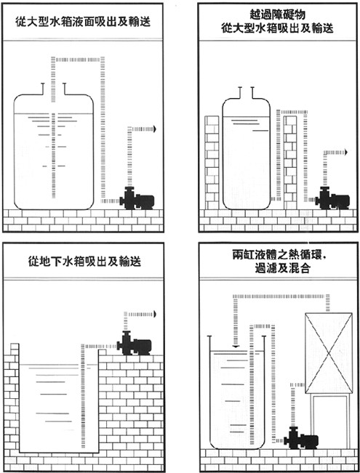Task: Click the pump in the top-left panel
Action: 137,198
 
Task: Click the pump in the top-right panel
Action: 332,198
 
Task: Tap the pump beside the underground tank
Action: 135,343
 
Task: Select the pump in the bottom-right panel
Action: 301,438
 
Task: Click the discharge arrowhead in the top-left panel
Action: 155,129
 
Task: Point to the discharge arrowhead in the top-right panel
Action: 346,153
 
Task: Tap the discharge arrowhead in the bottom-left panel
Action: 155,315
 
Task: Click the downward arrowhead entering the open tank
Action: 236,347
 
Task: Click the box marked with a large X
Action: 329,353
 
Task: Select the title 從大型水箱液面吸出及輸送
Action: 83,22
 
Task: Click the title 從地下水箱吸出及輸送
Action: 84,262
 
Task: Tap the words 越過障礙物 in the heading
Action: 278,15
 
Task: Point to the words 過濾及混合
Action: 282,268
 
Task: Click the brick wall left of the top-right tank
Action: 212,163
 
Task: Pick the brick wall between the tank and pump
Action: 290,163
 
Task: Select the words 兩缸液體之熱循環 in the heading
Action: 277,255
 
